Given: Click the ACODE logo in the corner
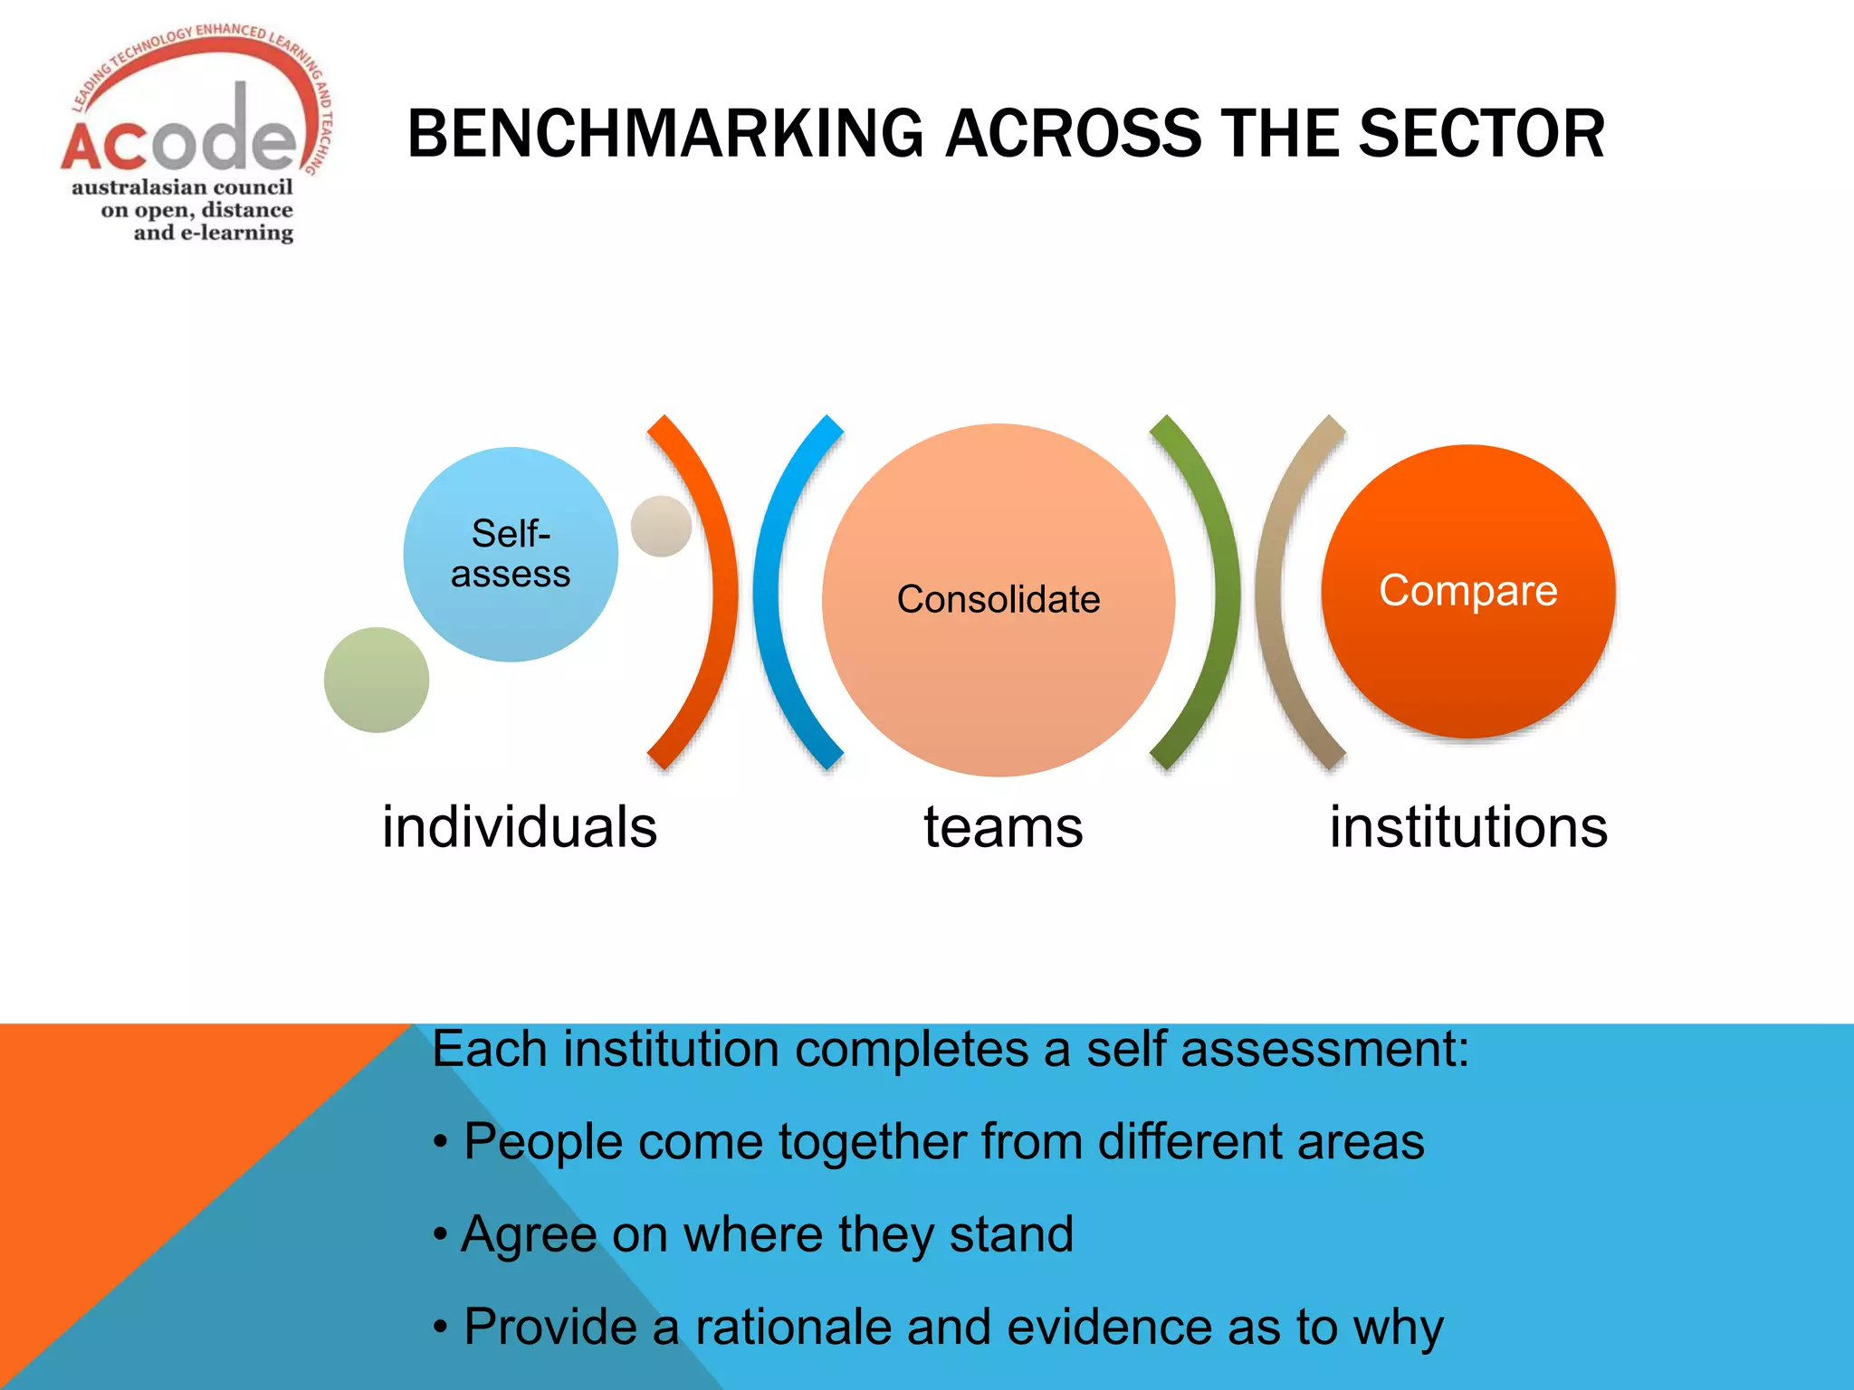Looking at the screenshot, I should pyautogui.click(x=195, y=136).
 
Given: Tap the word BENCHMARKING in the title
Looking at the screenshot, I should pyautogui.click(x=665, y=134).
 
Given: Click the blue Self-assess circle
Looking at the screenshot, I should pyautogui.click(x=511, y=554).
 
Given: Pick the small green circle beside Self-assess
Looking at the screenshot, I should pyautogui.click(x=377, y=680).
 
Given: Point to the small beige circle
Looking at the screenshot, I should pyautogui.click(x=661, y=526).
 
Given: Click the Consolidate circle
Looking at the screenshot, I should pyautogui.click(x=999, y=599).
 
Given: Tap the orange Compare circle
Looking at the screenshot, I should pyautogui.click(x=1468, y=591).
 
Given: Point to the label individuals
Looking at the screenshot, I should pyautogui.click(x=520, y=827).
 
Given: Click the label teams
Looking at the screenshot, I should pyautogui.click(x=1003, y=827).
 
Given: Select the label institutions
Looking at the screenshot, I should pyautogui.click(x=1468, y=827).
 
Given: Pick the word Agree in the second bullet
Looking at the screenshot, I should pyautogui.click(x=528, y=1235).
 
